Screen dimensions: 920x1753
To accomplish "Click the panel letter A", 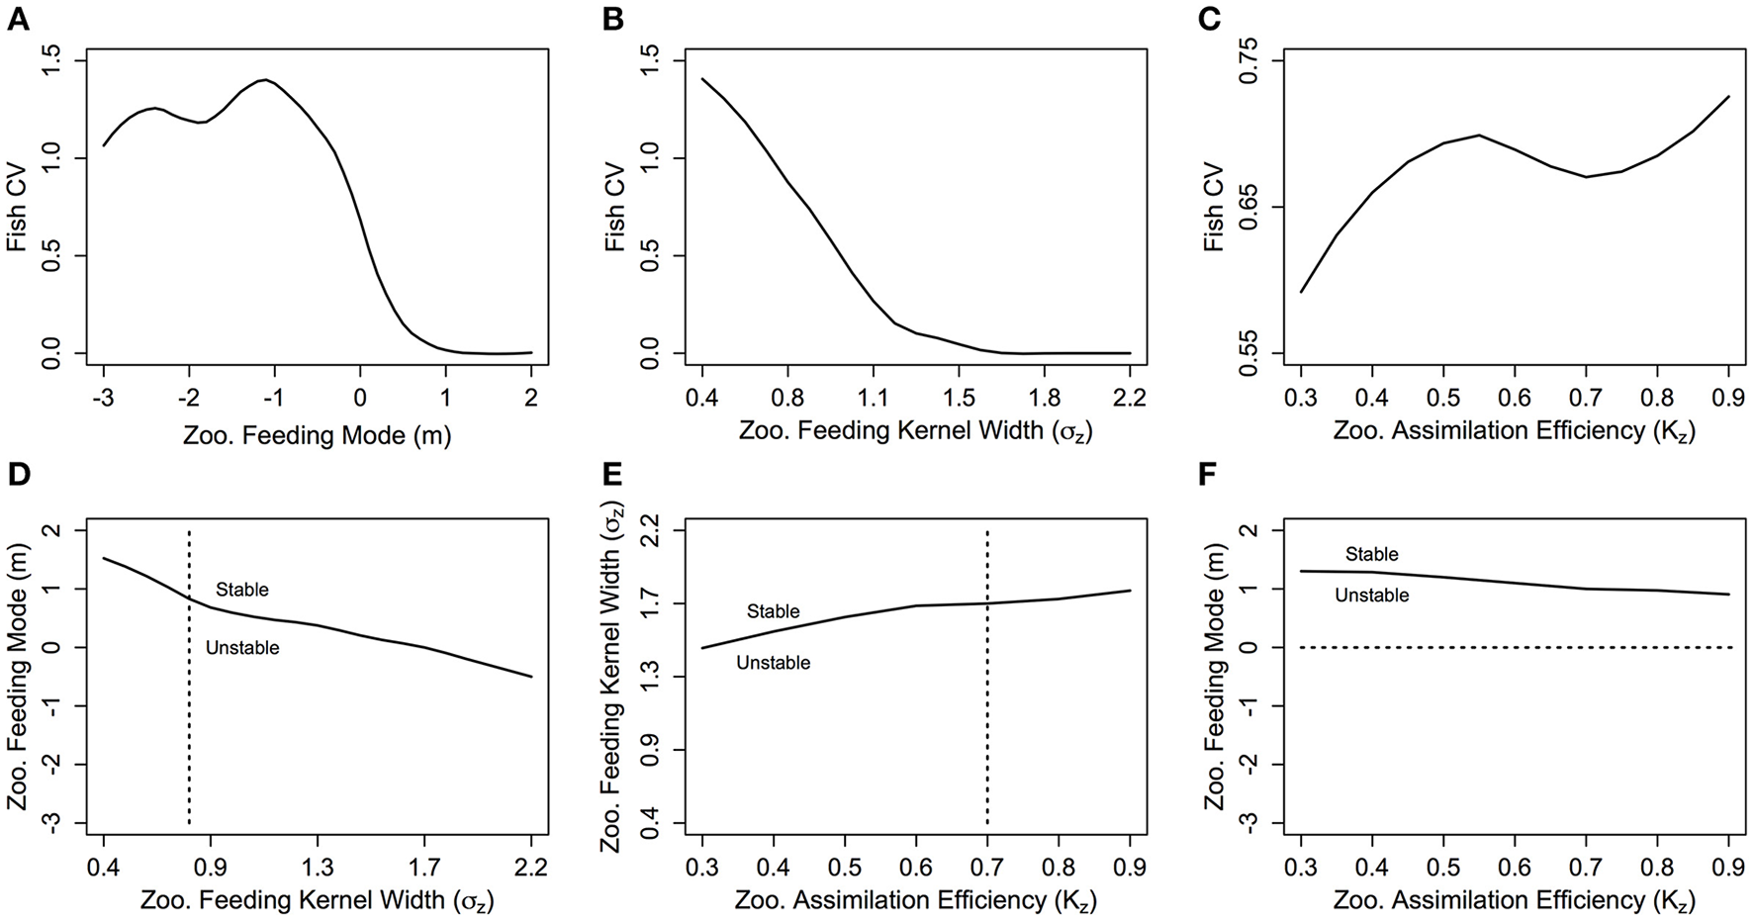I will click(x=17, y=20).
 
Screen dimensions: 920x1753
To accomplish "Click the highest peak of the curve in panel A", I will click(x=264, y=80).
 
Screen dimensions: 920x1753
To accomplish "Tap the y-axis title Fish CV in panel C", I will click(x=1214, y=207).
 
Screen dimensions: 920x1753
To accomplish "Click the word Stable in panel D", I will click(x=242, y=590).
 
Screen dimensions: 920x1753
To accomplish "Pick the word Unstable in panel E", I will click(x=773, y=663).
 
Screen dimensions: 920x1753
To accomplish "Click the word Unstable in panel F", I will click(x=1371, y=596).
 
